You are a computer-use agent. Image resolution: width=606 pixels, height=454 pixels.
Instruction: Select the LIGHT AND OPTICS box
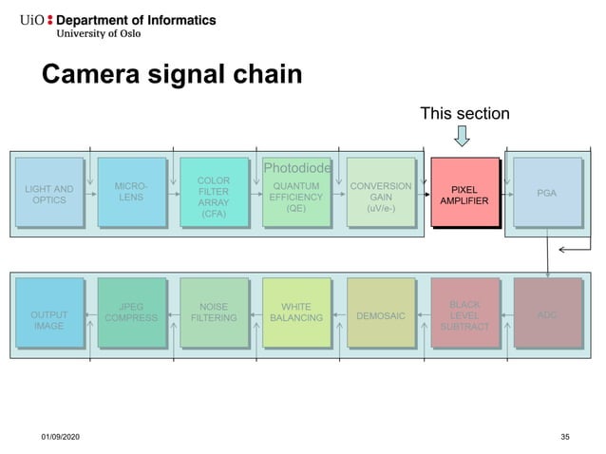coord(49,194)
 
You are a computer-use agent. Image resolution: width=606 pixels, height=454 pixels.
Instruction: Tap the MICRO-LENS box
coord(131,193)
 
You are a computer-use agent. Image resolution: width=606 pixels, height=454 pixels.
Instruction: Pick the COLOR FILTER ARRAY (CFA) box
coord(213,195)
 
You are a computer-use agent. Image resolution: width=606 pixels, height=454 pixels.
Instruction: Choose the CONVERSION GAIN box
coord(380,194)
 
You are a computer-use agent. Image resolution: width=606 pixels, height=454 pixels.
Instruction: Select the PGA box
coord(547,193)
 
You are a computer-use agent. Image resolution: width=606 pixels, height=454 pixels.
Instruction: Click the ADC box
coord(547,314)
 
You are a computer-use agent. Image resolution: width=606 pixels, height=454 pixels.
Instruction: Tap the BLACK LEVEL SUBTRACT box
coord(464,314)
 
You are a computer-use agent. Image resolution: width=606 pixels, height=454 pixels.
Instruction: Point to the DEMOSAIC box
coord(380,314)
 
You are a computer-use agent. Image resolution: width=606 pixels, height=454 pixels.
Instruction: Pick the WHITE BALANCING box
coord(296,312)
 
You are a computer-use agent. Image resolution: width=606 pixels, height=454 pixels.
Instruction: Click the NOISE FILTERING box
coord(213,312)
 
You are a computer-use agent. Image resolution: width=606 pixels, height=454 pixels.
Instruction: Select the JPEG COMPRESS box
coord(131,312)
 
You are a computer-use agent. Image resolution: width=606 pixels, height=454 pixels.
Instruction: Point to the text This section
coord(464,114)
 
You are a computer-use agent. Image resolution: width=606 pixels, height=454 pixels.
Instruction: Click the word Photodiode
coord(296,168)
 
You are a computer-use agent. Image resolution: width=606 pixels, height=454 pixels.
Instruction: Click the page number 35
coord(565,435)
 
